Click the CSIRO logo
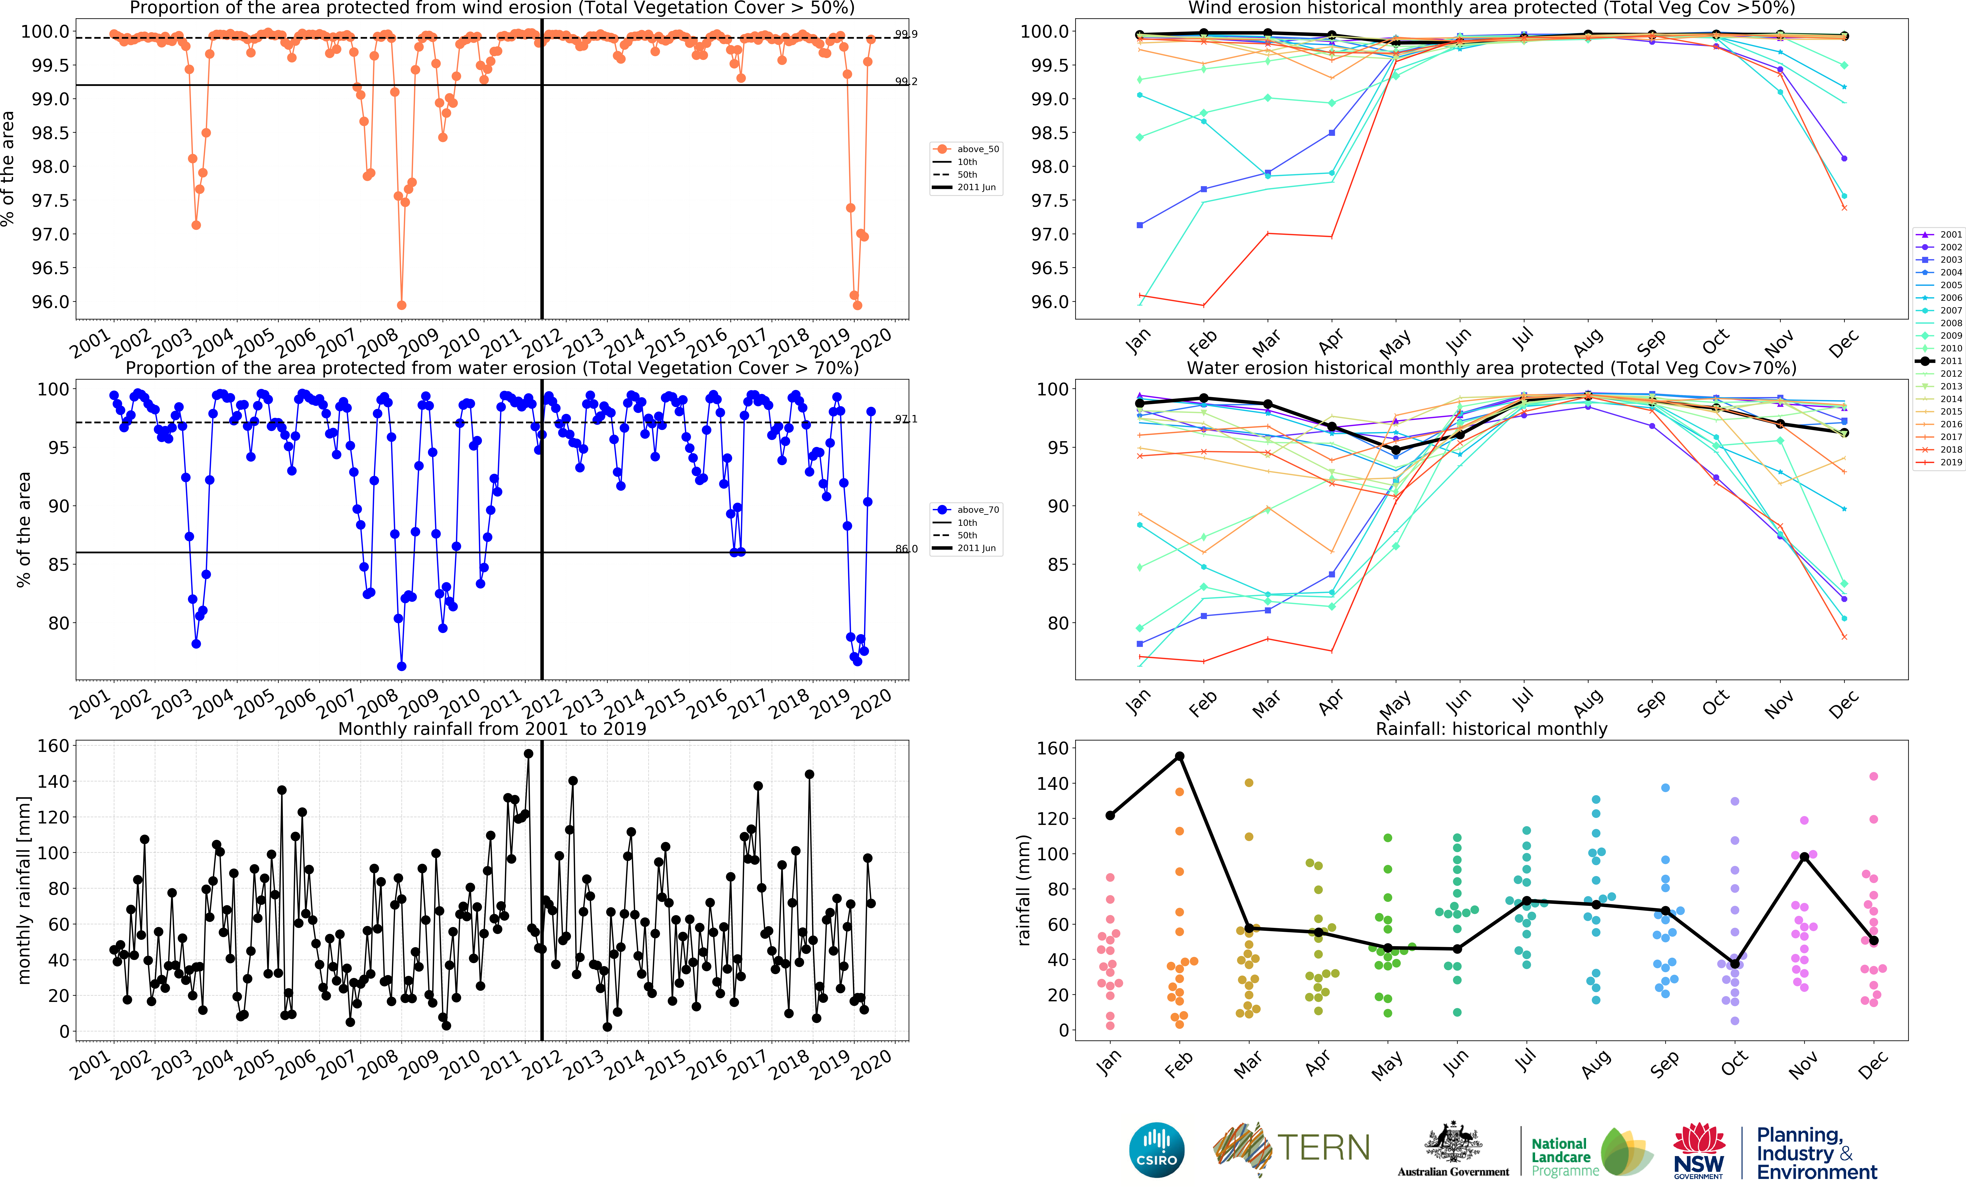[1156, 1150]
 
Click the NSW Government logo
[1699, 1150]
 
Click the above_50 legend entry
[977, 149]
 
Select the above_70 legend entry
[977, 510]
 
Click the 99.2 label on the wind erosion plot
[906, 81]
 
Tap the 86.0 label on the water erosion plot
[906, 549]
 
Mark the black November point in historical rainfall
[1804, 857]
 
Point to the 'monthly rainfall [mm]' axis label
[24, 890]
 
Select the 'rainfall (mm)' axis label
[1024, 890]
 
